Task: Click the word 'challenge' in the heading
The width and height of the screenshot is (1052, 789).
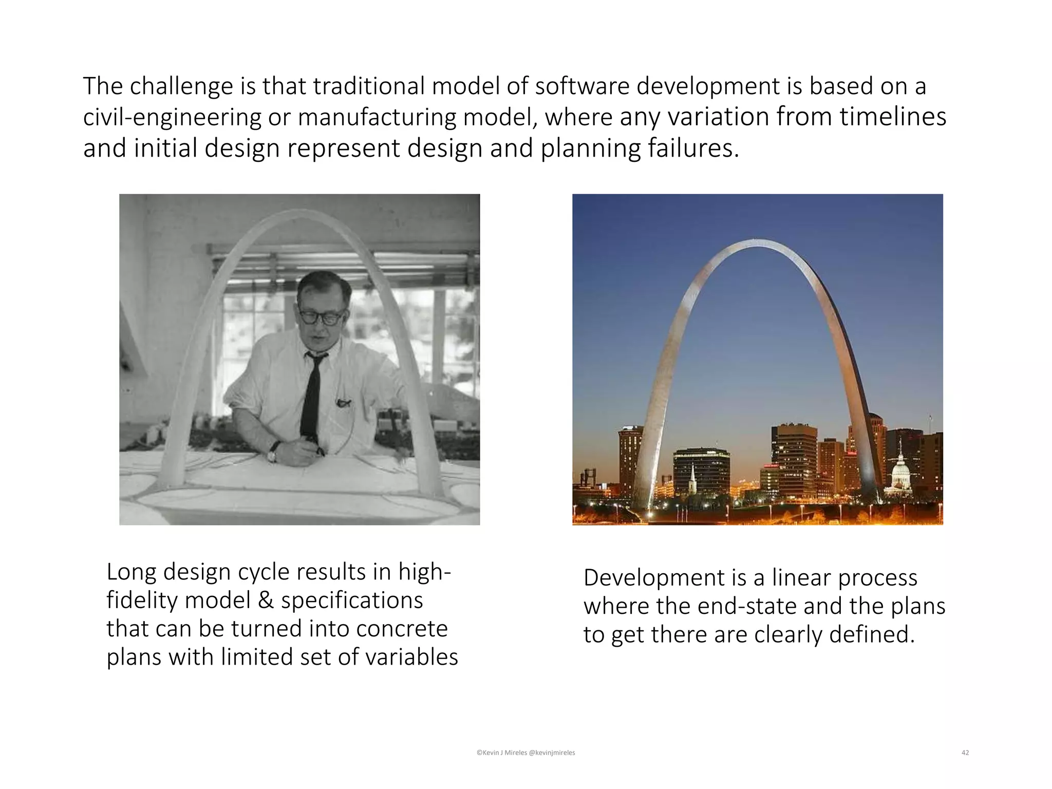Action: coord(181,86)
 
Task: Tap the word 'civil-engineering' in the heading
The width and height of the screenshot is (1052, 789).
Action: coord(172,117)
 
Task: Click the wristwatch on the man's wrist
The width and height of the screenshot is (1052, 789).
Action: coord(273,453)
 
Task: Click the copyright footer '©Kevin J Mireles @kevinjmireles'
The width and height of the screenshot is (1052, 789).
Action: coord(525,753)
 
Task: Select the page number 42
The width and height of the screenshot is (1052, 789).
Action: coord(965,753)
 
